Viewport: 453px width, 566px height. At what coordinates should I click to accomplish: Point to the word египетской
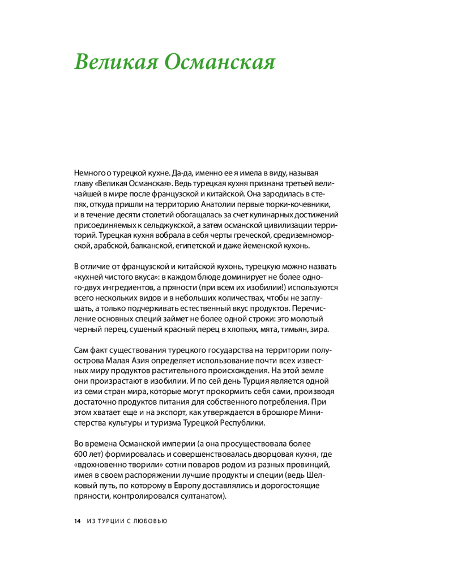(x=187, y=247)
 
